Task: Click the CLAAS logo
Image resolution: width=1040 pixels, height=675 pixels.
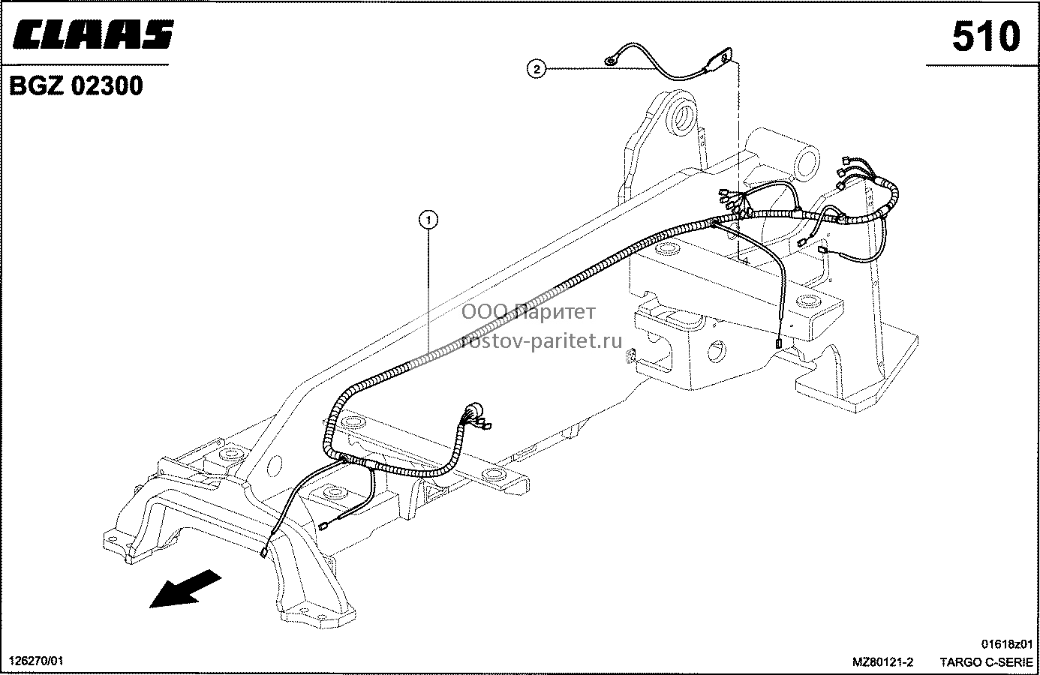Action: (93, 34)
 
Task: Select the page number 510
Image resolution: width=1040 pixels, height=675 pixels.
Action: (986, 37)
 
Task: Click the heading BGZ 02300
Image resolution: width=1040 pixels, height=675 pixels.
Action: (76, 85)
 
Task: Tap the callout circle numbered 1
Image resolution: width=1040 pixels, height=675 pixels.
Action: (428, 220)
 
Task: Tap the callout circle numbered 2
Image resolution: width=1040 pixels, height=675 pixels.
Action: (537, 70)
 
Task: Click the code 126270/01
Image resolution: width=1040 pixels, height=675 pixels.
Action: (36, 661)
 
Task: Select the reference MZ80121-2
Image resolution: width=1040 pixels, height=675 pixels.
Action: (882, 661)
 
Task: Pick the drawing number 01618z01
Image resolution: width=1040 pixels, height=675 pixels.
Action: (1007, 644)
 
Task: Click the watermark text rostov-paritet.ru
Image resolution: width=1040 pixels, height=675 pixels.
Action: (541, 341)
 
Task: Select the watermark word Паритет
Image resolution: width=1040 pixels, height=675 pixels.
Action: (555, 313)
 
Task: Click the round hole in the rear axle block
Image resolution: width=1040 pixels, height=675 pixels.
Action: (717, 351)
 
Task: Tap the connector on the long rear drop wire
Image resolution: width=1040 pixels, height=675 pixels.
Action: (780, 343)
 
